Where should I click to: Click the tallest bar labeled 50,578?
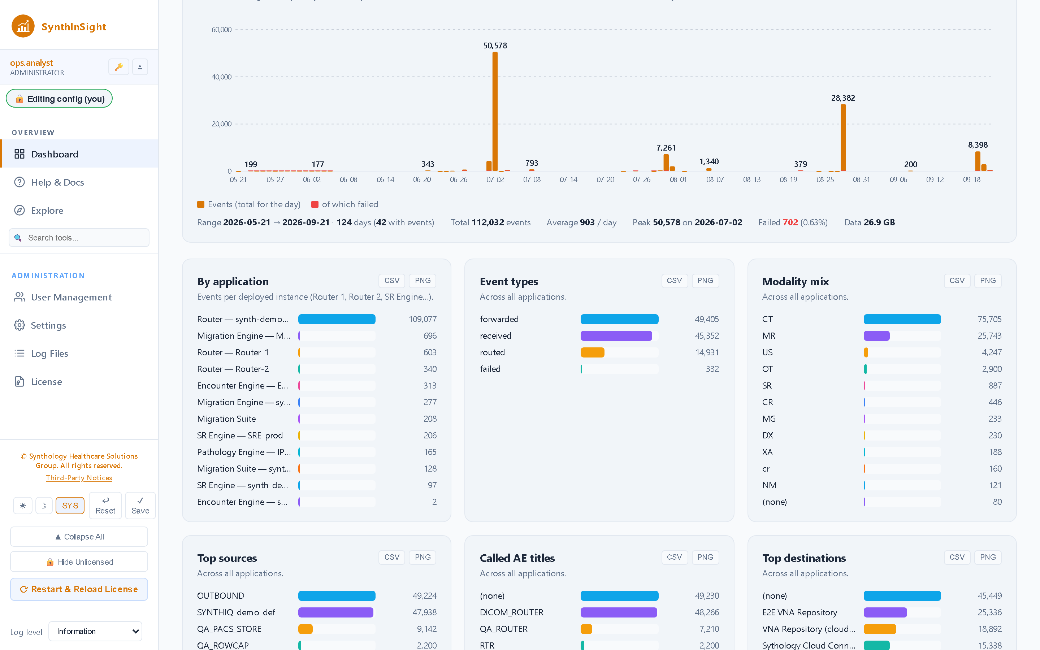pos(495,111)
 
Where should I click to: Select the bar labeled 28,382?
pos(843,138)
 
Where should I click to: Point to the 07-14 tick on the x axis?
pos(568,179)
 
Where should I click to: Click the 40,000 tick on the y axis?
pos(221,77)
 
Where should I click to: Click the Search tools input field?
pos(79,238)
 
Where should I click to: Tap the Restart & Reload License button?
pos(79,589)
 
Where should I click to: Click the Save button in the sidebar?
pos(140,506)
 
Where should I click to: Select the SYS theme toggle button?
pos(70,506)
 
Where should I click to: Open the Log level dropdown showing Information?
pos(95,631)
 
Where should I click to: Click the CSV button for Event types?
pos(674,281)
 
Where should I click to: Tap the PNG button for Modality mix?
pos(988,281)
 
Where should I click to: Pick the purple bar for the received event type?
pos(616,336)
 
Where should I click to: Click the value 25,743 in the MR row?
pos(989,336)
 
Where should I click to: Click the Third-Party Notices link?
pos(79,478)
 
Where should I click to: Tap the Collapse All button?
pos(79,537)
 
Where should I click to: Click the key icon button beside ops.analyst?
pos(118,67)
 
